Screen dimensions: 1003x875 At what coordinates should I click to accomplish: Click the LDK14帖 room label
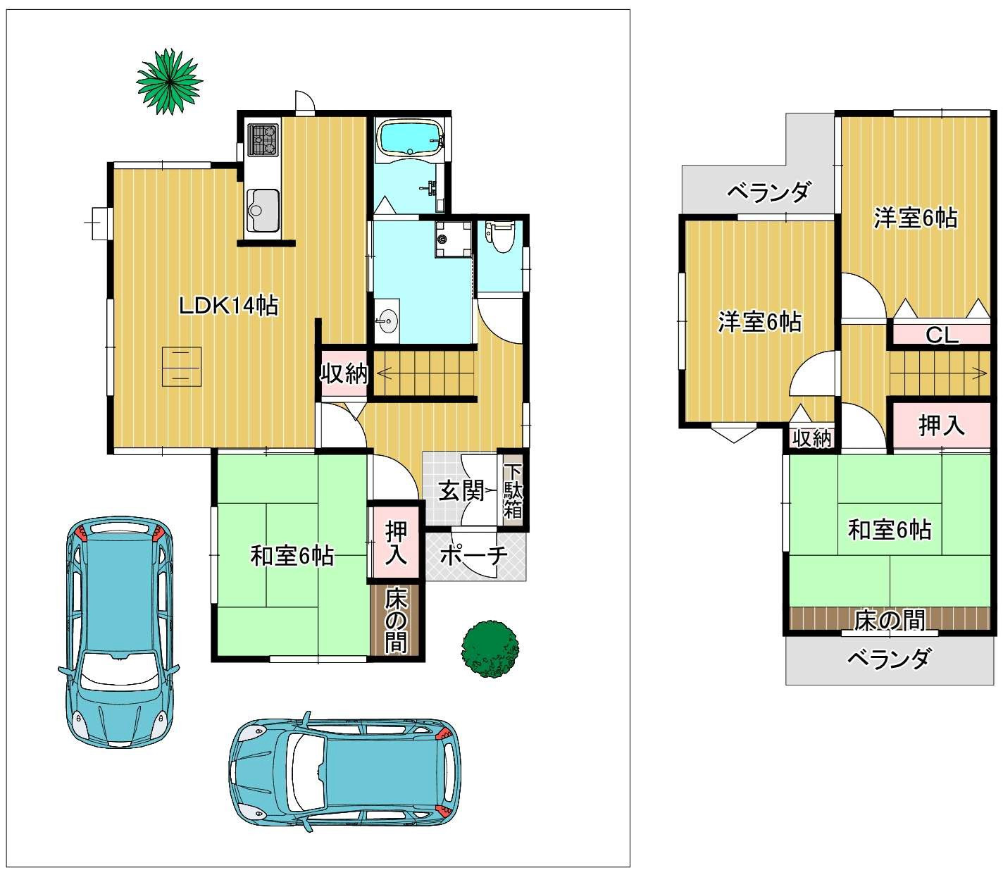[x=228, y=306]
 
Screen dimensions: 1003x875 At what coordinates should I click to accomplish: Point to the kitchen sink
[x=263, y=210]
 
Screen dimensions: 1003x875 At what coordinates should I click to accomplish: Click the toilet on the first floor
[x=500, y=236]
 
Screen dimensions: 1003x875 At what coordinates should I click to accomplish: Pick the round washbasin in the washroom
[x=387, y=321]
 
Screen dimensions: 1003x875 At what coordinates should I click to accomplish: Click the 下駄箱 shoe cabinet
[x=513, y=490]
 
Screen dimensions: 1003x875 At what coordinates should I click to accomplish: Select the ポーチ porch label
[x=473, y=555]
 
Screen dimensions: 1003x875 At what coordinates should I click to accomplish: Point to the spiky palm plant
[x=170, y=81]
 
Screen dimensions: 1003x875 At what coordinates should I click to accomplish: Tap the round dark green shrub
[x=490, y=649]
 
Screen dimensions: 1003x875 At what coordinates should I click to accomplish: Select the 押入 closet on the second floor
[x=942, y=425]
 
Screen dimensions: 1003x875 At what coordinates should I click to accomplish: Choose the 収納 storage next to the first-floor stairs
[x=344, y=373]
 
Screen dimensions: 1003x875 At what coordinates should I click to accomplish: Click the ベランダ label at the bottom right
[x=888, y=658]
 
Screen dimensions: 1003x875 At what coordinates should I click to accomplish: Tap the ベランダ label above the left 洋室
[x=768, y=192]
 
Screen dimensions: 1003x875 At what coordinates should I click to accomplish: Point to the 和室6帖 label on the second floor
[x=890, y=529]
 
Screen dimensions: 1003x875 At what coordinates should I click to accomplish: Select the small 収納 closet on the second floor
[x=812, y=437]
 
